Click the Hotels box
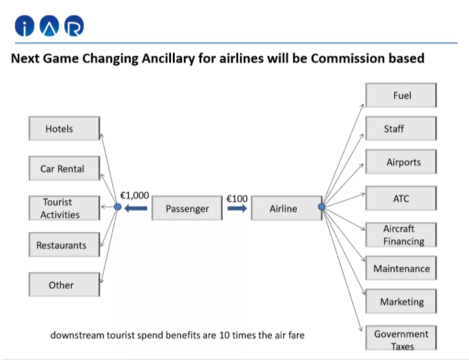coord(64,128)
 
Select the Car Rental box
coord(64,168)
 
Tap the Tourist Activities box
coord(64,208)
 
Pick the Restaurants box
coord(64,245)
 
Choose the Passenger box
coord(187,208)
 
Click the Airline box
coord(286,208)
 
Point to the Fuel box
coord(401,95)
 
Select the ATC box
coord(401,198)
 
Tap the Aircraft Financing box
coord(401,235)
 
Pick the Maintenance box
coord(401,268)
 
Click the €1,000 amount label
coord(134,195)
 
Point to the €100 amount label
coord(237,199)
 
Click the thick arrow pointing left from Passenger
coord(136,208)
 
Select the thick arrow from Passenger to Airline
coord(237,208)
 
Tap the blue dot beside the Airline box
coord(322,206)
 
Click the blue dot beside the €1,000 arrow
coord(118,206)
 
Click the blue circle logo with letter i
coord(24,26)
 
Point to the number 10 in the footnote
coord(224,335)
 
